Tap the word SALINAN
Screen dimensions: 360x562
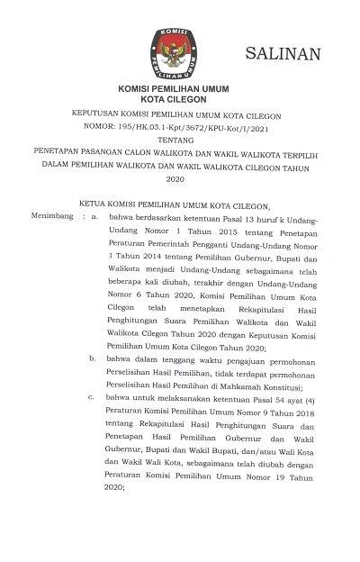(x=283, y=55)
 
